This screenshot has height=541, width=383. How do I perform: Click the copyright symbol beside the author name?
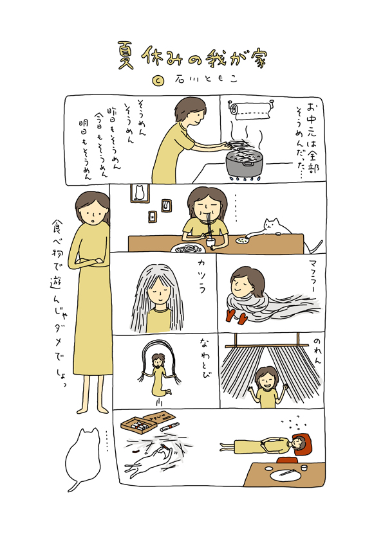pos(158,80)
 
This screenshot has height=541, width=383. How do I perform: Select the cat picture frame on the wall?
pos(140,193)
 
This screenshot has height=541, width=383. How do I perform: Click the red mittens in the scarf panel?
pos(237,316)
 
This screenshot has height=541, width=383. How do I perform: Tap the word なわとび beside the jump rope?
pos(205,358)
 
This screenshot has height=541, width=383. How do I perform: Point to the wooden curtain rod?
pos(266,346)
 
